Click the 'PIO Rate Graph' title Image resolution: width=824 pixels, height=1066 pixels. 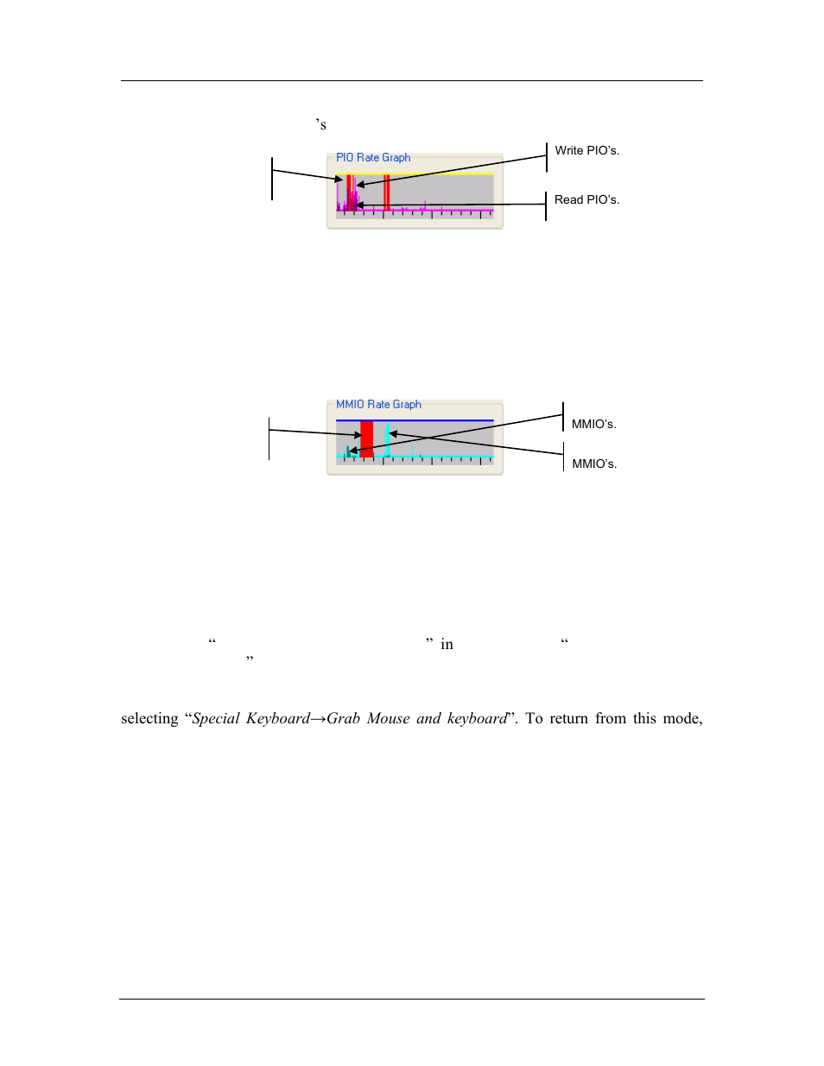tap(373, 158)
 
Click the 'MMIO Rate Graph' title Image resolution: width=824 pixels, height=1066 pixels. tap(378, 405)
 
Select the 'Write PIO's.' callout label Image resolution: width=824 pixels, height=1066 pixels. tap(586, 151)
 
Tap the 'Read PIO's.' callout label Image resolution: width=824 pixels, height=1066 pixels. tap(586, 200)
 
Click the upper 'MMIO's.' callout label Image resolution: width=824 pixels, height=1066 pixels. tap(593, 425)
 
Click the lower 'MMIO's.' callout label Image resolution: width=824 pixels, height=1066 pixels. tap(594, 464)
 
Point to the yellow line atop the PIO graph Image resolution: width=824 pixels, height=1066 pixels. tap(441, 174)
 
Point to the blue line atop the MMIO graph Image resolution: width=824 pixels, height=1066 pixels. tap(441, 421)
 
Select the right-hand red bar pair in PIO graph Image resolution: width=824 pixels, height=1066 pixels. tap(387, 192)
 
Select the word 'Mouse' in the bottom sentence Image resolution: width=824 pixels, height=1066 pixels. tap(388, 719)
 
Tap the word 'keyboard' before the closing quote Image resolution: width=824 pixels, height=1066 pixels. tap(477, 719)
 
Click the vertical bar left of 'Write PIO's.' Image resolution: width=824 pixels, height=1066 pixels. tap(547, 157)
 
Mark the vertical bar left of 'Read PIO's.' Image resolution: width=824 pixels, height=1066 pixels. tap(546, 206)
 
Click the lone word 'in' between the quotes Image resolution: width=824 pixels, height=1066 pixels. tap(447, 645)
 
